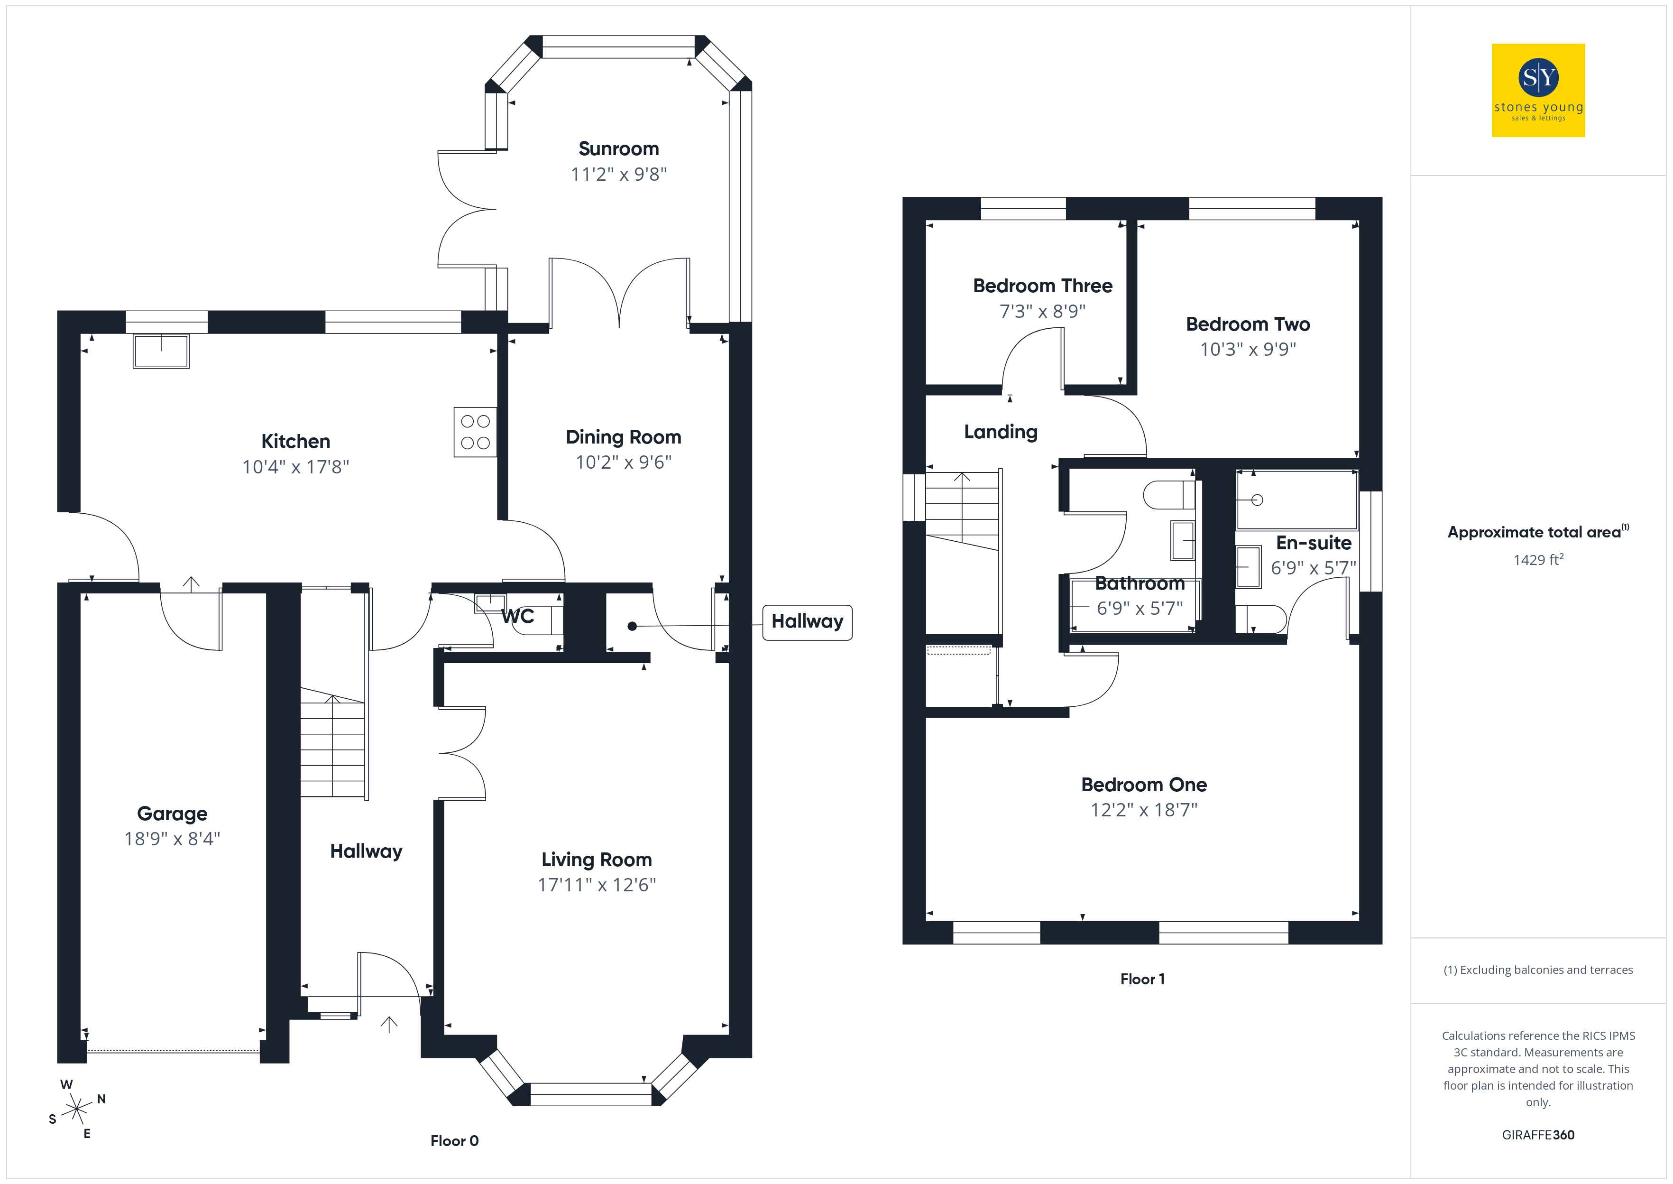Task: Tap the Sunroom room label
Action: click(619, 149)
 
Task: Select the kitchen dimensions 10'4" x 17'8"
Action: click(296, 467)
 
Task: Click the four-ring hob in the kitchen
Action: click(475, 432)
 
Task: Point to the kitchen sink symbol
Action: click(161, 351)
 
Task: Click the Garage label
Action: click(172, 814)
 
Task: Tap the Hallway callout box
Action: click(808, 622)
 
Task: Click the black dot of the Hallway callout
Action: click(633, 626)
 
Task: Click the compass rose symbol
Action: click(76, 1110)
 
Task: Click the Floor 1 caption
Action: click(1142, 979)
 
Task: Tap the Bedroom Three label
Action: click(1043, 286)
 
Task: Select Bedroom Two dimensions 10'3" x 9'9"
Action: click(1248, 349)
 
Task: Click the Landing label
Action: click(1001, 432)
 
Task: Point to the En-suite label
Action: click(1314, 543)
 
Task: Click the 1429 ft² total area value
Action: click(1538, 559)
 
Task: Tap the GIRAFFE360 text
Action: click(1538, 1135)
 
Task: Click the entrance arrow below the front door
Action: click(389, 1025)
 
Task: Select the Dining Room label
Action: click(624, 437)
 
